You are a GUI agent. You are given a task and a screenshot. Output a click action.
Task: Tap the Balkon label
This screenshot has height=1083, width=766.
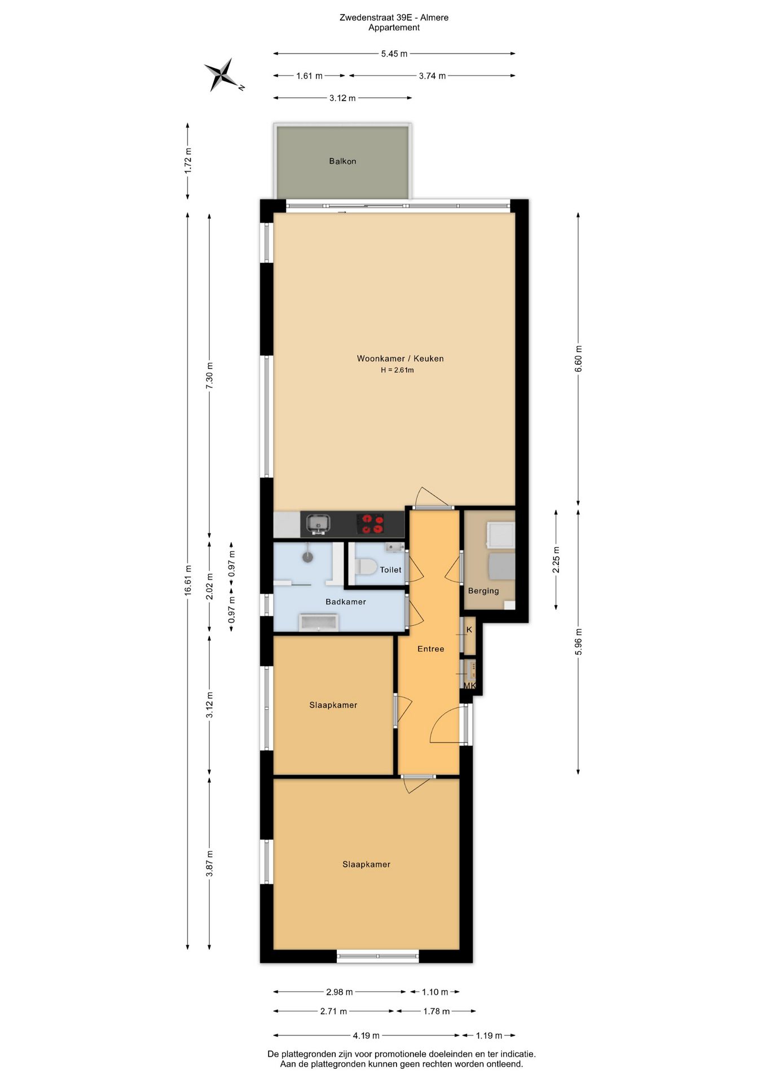point(342,161)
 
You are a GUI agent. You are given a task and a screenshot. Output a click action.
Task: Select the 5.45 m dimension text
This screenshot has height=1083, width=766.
point(394,54)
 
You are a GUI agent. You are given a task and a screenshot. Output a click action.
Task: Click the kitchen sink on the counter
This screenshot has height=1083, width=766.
point(318,524)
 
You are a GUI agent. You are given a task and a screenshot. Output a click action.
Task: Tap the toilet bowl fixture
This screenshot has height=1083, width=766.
point(366,566)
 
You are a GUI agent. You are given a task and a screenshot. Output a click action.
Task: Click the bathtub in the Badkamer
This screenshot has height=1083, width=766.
point(319,622)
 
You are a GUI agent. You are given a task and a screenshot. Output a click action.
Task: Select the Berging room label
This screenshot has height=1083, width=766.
point(483,591)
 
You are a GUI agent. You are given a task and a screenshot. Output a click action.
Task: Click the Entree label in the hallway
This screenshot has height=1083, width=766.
point(431,649)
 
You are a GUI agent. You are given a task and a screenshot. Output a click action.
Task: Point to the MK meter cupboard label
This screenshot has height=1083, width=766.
point(469,686)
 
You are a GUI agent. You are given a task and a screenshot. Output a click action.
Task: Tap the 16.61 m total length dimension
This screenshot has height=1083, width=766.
point(188,580)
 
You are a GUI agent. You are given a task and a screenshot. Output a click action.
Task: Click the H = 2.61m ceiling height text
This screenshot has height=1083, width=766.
point(397,370)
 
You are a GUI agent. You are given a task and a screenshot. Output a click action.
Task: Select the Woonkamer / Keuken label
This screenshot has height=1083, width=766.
point(400,359)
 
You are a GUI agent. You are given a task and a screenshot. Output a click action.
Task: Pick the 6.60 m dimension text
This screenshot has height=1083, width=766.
point(578,359)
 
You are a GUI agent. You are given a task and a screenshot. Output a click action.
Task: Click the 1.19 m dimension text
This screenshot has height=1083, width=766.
point(489,1036)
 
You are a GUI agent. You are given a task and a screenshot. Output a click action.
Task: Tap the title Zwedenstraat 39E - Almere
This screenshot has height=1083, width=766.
point(394,17)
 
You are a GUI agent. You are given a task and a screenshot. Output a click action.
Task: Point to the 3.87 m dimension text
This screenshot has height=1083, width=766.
point(209,864)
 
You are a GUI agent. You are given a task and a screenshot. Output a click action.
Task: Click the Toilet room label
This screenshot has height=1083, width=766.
point(390,570)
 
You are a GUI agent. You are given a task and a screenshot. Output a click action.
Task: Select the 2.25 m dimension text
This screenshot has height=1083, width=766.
point(556,560)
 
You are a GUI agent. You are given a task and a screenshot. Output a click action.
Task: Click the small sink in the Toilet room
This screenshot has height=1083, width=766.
point(394,547)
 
